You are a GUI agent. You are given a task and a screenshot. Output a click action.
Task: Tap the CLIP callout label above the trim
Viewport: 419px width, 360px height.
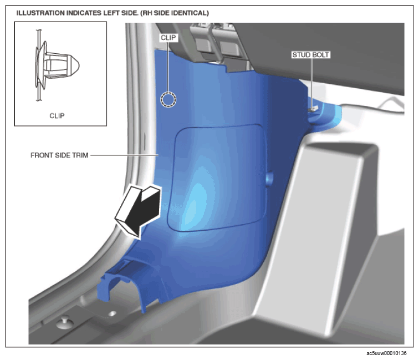(x=168, y=38)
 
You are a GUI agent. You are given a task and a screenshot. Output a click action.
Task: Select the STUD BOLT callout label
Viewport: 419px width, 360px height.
(x=310, y=55)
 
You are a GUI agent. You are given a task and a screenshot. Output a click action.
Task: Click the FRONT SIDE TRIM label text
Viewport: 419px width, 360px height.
(x=59, y=155)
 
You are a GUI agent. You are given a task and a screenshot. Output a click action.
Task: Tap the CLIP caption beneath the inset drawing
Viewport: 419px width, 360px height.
(x=57, y=116)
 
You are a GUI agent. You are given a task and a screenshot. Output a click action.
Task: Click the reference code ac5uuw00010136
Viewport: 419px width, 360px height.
(x=386, y=353)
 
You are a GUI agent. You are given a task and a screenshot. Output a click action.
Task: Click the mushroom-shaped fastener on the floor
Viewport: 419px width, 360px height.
(x=65, y=322)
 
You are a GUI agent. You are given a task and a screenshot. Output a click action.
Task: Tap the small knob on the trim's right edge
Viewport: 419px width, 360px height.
(x=269, y=178)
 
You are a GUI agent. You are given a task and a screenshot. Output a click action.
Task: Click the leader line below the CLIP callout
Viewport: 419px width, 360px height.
(x=168, y=67)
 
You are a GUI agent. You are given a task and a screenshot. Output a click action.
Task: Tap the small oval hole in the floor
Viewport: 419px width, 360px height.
(x=112, y=313)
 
